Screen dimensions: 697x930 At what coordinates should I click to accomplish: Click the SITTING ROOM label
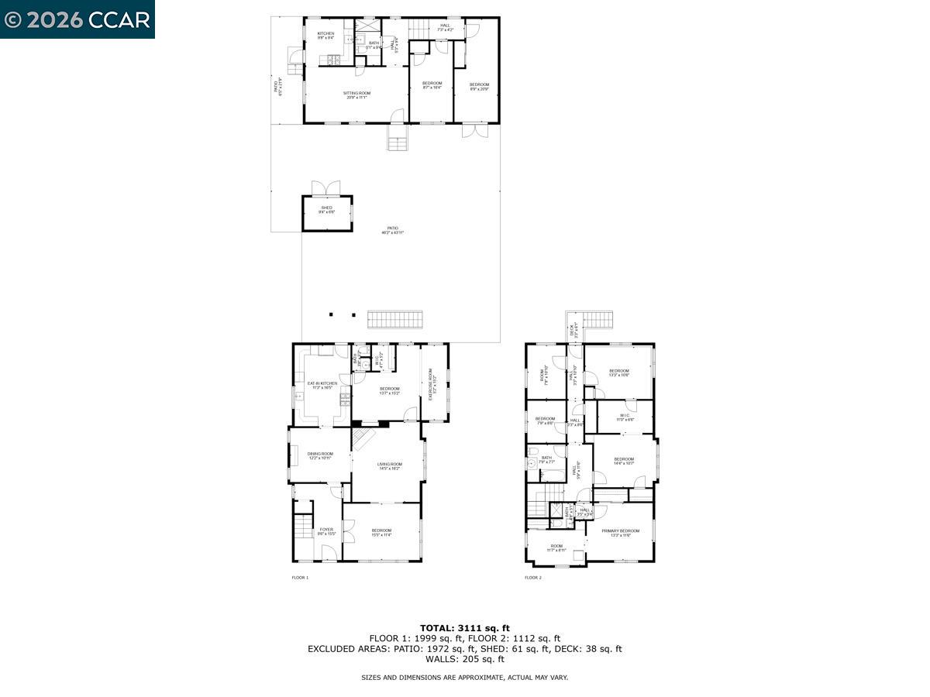point(356,95)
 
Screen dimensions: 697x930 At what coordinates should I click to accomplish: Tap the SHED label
point(327,210)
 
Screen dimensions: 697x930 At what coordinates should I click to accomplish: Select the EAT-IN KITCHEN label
point(322,385)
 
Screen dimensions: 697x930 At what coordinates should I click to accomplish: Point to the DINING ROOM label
point(320,456)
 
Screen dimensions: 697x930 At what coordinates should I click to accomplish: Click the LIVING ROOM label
point(390,466)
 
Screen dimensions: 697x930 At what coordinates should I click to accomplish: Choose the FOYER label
point(326,531)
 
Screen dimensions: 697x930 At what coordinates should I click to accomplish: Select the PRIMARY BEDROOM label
point(621,533)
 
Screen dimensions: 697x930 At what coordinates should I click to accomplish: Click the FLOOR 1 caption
point(300,578)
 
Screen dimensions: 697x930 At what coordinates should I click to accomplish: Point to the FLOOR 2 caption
point(533,578)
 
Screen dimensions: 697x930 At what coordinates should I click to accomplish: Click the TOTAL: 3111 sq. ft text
point(465,628)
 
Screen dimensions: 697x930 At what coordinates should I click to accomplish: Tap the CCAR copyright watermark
point(77,19)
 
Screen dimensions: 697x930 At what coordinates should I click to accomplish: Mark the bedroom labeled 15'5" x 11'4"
point(381,532)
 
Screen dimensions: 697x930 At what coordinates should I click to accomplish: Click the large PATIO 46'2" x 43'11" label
point(393,231)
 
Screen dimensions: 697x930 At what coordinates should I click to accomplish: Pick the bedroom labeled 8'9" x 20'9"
point(479,86)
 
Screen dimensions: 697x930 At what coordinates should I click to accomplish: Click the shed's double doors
point(326,188)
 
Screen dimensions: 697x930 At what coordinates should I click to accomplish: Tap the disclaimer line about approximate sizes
point(465,678)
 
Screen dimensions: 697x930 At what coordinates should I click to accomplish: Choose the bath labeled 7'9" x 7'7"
point(546,460)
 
